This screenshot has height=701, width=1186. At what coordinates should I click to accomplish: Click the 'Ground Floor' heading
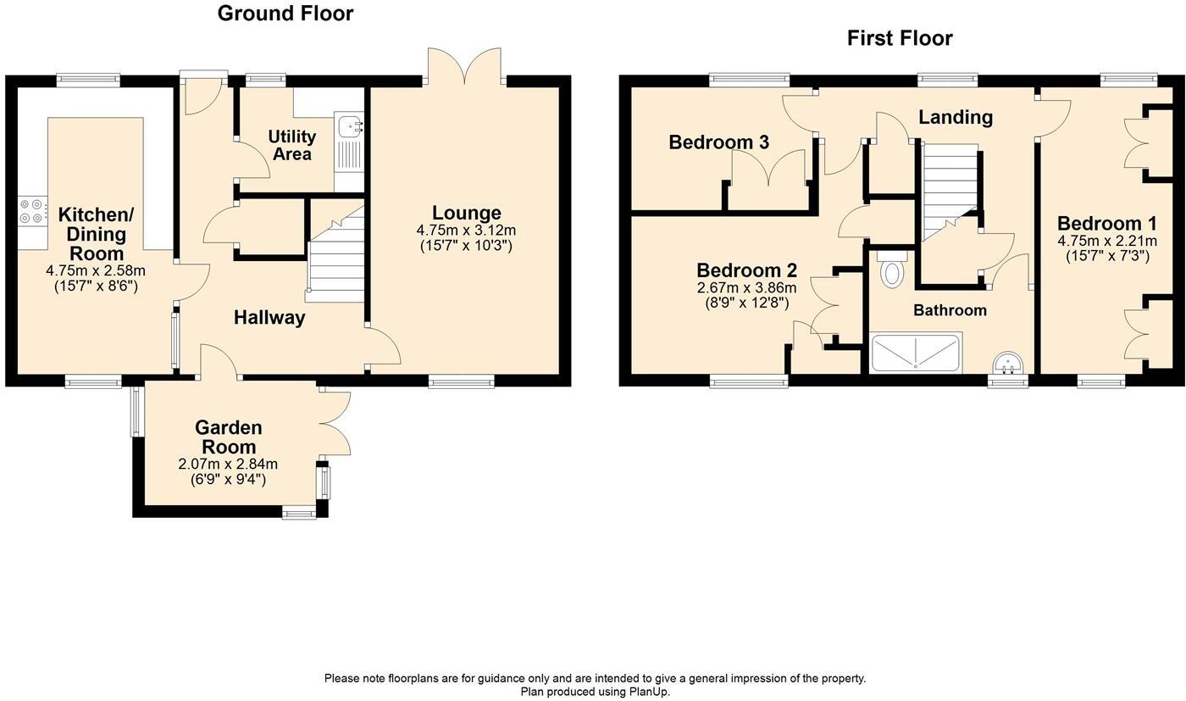point(285,14)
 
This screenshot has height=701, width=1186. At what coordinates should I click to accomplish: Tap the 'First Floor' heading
point(900,38)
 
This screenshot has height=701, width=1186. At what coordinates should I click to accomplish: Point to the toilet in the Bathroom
point(892,269)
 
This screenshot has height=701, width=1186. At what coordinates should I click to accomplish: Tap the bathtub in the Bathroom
point(916,353)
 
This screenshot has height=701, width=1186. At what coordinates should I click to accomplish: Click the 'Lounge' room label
point(467,213)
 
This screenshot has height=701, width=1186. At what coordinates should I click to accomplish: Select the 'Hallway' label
point(269,317)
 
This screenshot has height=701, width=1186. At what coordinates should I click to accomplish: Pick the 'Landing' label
point(956,117)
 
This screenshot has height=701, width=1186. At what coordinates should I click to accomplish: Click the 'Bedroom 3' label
point(718,142)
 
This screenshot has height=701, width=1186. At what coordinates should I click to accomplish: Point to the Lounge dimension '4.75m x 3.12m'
point(466,231)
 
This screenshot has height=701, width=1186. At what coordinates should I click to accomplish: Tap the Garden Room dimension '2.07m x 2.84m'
point(228,465)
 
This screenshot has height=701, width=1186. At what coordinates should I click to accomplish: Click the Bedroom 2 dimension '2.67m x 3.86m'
point(746,288)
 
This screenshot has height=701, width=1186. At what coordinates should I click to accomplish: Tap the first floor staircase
point(950,192)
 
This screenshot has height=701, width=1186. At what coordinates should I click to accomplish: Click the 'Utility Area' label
point(291,145)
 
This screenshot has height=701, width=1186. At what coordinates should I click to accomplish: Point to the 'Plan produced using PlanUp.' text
point(595,692)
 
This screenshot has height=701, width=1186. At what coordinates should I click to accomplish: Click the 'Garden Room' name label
point(228,437)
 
